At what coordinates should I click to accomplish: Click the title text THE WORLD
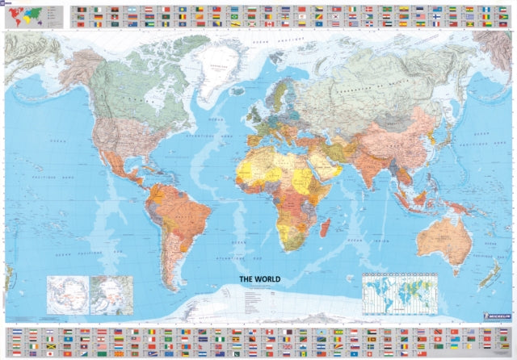[x=259, y=279]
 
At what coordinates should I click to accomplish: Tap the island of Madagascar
[x=325, y=222]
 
